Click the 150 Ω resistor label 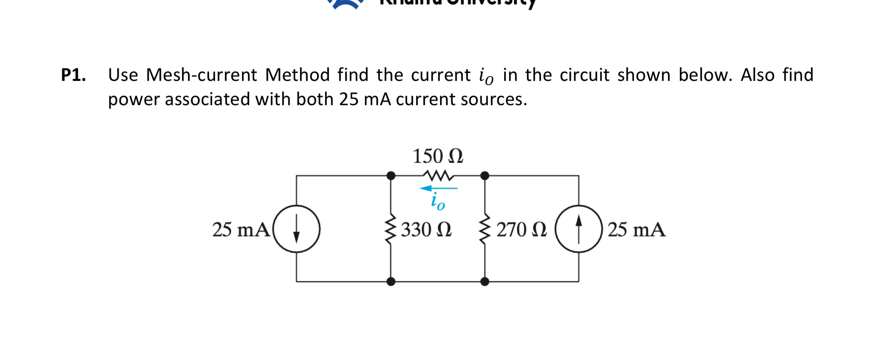438,156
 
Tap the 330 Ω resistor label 426,230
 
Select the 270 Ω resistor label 522,230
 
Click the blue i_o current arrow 439,188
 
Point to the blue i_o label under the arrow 437,201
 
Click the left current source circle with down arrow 297,229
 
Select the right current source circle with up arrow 579,229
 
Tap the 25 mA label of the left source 241,230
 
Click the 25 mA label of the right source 636,230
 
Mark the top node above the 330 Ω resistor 391,176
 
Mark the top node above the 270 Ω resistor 485,176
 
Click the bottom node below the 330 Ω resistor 391,281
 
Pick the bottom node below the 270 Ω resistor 485,281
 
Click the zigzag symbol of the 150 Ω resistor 438,176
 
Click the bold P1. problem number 74,75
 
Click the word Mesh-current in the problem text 201,75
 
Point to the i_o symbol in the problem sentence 486,76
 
